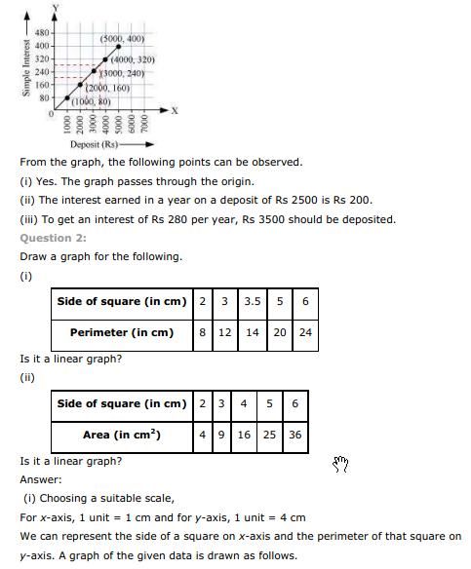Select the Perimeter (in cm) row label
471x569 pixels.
121,332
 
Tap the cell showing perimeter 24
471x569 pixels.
305,332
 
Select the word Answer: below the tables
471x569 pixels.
41,479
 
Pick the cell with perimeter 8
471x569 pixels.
202,332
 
